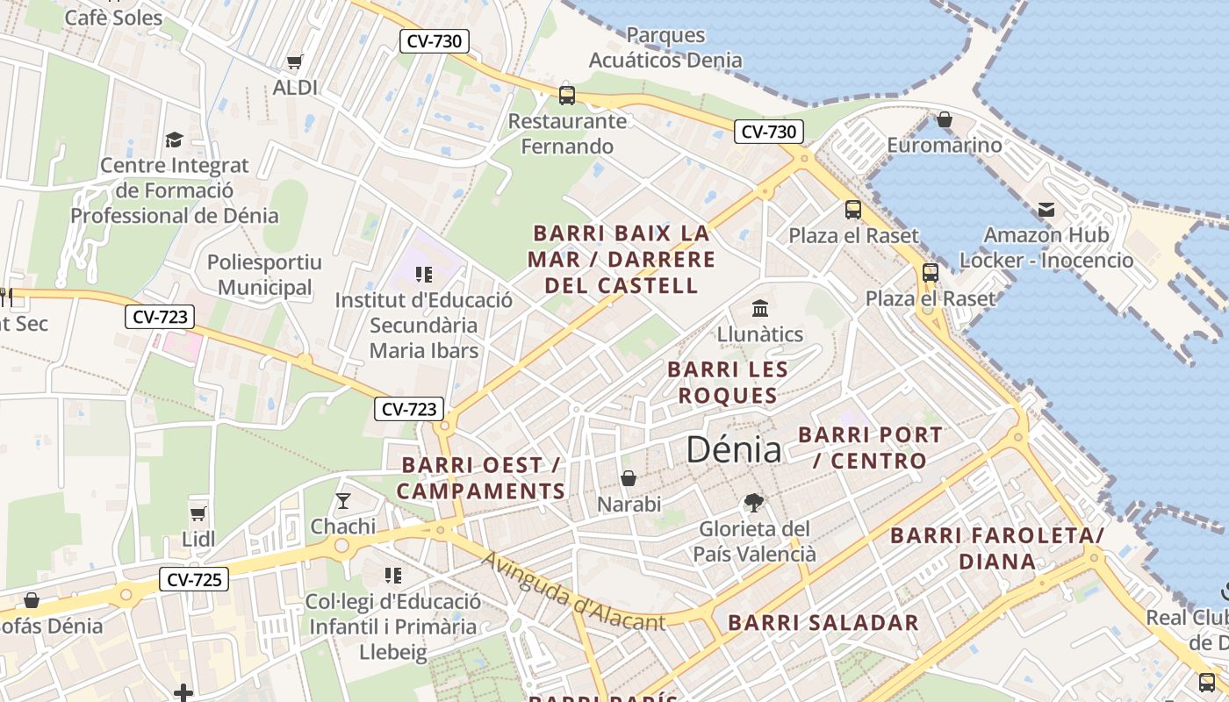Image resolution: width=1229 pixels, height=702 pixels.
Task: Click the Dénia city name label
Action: [733, 449]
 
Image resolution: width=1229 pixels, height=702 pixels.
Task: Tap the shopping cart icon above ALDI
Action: [295, 61]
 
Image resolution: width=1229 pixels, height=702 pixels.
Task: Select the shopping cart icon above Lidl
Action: [198, 512]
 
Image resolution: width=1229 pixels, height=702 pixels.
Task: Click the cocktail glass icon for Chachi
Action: [343, 501]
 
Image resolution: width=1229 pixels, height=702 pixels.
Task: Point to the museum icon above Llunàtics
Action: [760, 308]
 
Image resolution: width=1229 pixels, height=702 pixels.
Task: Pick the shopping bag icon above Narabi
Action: [629, 478]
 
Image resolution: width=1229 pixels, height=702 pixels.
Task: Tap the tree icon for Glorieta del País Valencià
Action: [753, 503]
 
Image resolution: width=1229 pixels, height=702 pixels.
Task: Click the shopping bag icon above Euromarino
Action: [945, 118]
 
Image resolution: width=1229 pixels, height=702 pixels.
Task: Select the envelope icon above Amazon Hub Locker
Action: [1046, 210]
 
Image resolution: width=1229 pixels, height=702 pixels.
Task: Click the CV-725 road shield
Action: [194, 579]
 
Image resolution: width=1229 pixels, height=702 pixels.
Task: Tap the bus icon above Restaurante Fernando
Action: [567, 95]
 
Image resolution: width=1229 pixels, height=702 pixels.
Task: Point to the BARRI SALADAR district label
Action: [823, 623]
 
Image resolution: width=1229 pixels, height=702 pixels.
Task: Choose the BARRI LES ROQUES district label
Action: [728, 383]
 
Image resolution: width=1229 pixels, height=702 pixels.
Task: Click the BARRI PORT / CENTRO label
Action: [870, 448]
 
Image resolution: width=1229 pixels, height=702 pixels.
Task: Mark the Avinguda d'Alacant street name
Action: [573, 593]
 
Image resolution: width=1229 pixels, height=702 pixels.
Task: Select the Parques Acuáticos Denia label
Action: [665, 47]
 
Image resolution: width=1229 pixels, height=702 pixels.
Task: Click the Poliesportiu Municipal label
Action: [265, 275]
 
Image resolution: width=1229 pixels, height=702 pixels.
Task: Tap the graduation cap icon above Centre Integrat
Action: [174, 140]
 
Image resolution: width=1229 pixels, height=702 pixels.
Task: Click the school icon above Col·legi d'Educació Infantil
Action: [393, 576]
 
